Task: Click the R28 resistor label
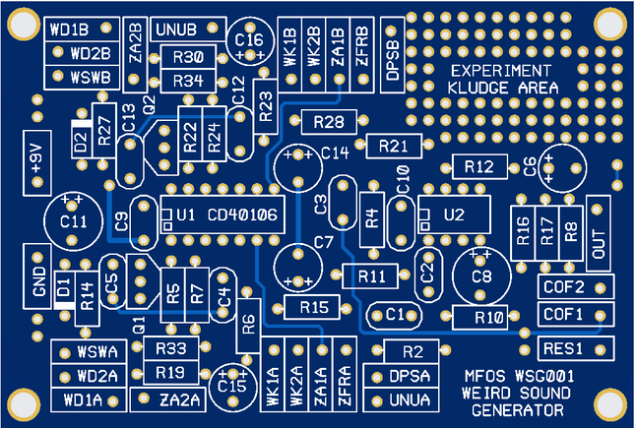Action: tap(329, 121)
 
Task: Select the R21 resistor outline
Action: tap(393, 146)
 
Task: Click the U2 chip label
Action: tap(454, 215)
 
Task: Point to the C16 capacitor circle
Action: tap(247, 41)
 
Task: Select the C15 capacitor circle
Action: tap(232, 386)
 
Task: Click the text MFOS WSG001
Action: tap(519, 377)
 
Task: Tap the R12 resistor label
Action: tap(478, 166)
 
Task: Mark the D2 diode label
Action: tap(80, 141)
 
